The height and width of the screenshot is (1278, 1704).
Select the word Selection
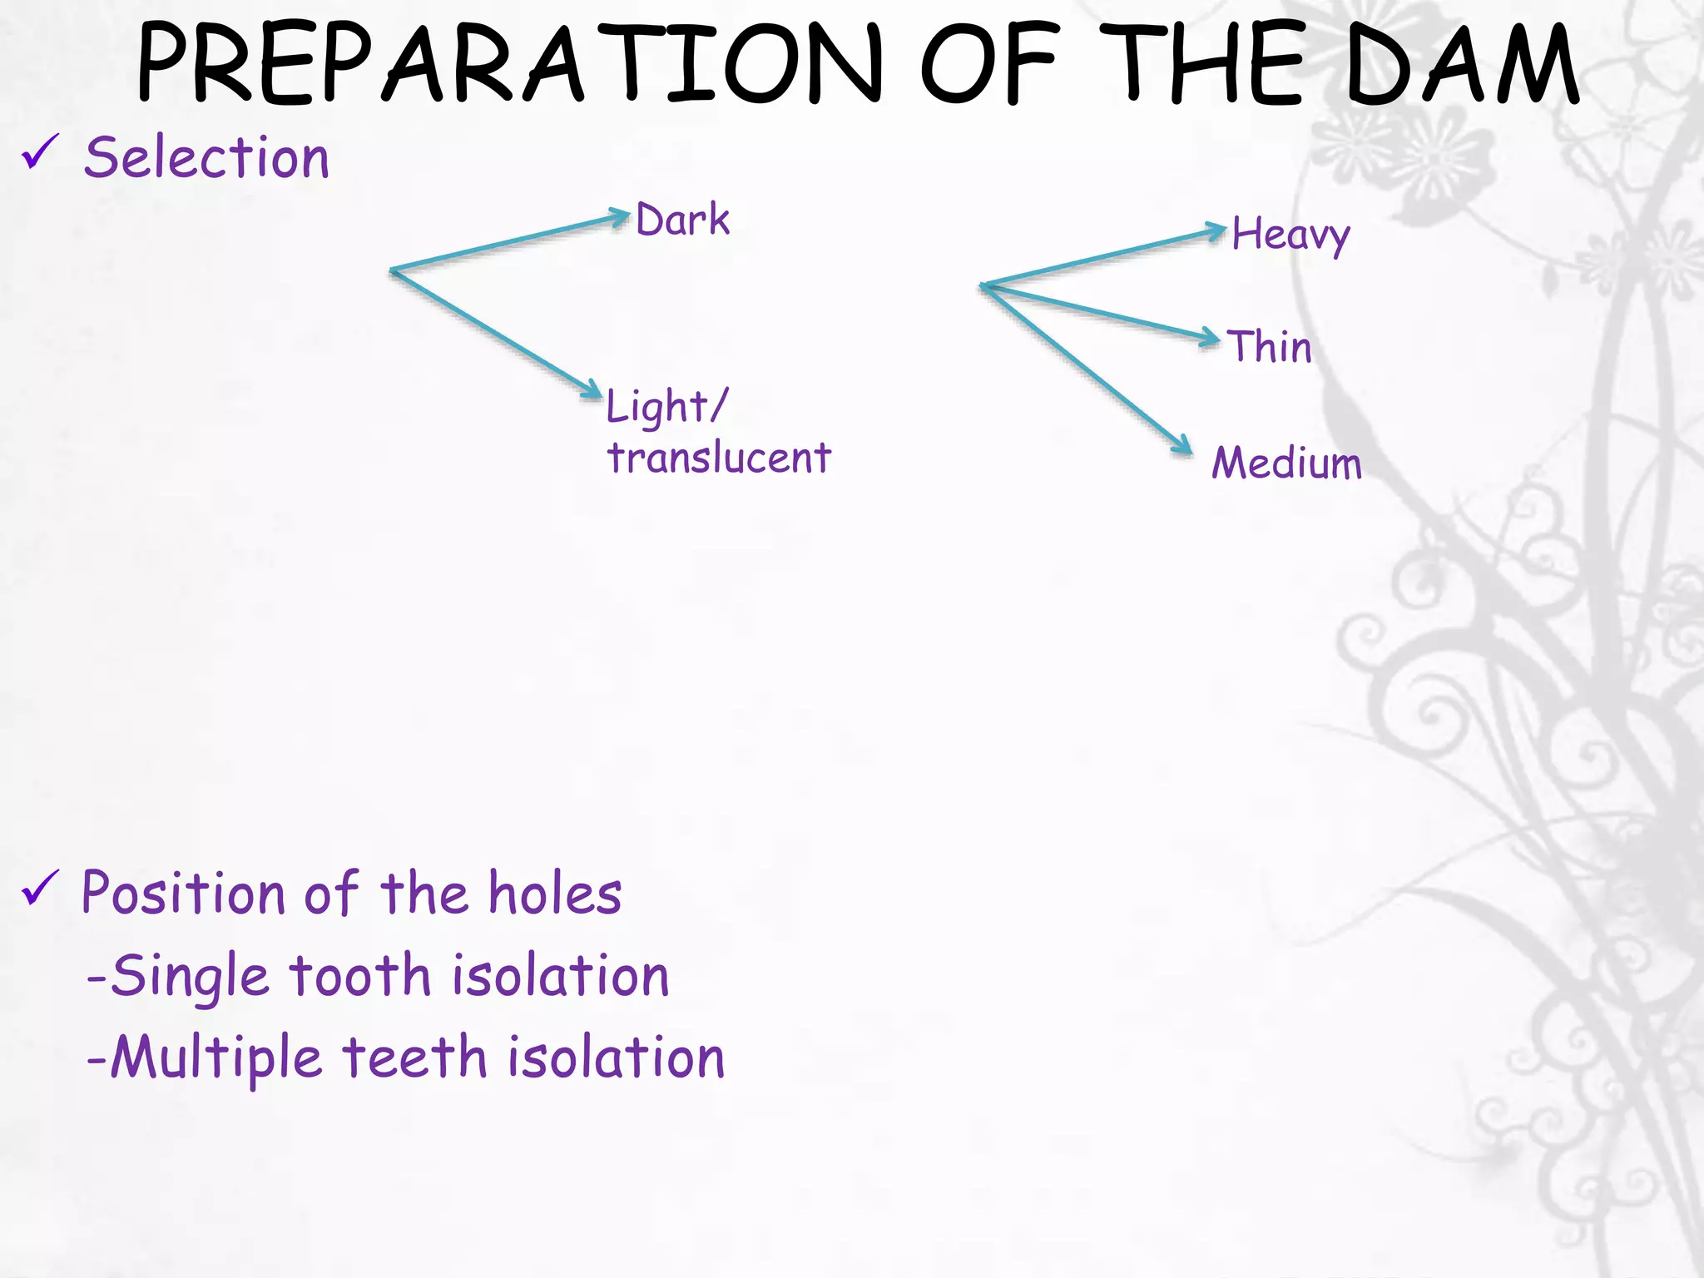coord(207,157)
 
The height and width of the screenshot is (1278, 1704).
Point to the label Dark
coord(682,220)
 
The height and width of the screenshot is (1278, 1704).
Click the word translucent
coord(719,458)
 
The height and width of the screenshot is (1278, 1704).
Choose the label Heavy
coord(1290,235)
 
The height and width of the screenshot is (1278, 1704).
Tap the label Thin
coord(1270,346)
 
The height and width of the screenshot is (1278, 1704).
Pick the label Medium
coord(1286,463)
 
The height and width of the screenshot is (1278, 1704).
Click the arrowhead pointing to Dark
coord(621,217)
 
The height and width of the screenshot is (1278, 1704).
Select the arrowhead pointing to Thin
coord(1210,338)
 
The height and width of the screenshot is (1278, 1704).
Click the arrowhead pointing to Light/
coord(592,389)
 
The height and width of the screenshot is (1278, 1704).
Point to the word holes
coord(555,894)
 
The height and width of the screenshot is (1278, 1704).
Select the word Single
coord(190,976)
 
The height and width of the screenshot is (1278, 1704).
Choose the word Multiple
coord(216,1058)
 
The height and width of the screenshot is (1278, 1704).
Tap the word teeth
coord(414,1058)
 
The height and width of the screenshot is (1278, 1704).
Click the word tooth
coord(360,976)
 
